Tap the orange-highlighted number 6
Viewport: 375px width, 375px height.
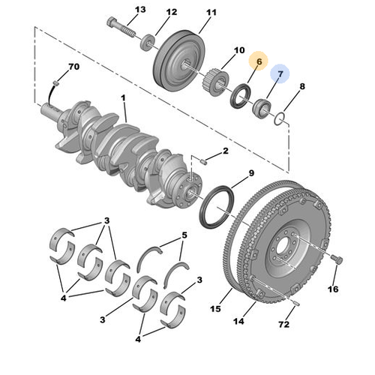pos(259,61)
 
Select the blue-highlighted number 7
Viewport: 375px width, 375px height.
pos(281,73)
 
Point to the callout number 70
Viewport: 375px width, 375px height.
pos(73,67)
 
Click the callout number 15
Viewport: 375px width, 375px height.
pos(217,307)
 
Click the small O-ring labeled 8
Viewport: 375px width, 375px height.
pos(278,118)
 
